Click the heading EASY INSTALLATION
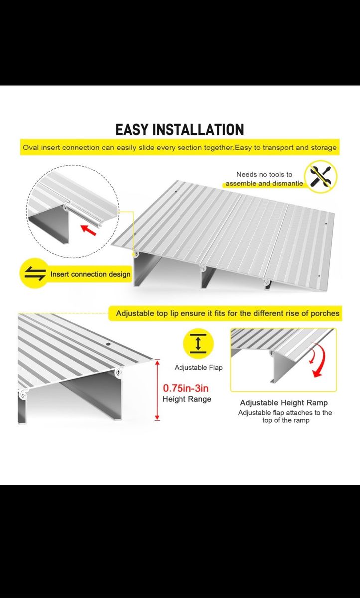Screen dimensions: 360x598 click(180, 130)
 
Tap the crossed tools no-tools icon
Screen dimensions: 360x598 click(321, 177)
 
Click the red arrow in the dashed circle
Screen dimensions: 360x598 click(88, 230)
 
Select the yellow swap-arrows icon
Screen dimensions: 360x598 click(35, 273)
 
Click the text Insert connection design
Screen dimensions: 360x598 click(90, 274)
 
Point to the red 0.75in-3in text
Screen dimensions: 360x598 click(186, 388)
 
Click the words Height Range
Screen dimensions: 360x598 click(187, 399)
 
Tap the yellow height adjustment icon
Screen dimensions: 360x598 click(198, 343)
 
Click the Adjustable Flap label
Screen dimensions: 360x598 click(198, 368)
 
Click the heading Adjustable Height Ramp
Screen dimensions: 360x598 click(284, 403)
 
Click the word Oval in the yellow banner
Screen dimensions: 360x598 click(31, 148)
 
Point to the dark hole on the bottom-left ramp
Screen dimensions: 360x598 click(108, 345)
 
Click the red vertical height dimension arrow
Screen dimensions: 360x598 click(157, 390)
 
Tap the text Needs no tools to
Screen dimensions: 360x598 click(264, 174)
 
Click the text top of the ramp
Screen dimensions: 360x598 click(286, 420)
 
